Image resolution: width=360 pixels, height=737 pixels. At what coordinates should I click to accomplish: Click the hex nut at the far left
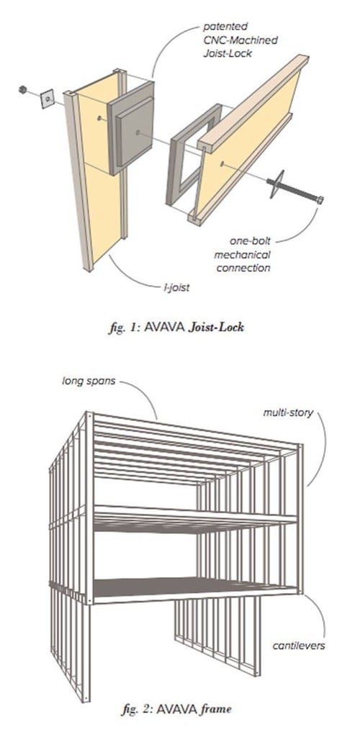point(22,89)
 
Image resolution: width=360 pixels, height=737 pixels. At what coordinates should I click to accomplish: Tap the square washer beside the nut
point(48,99)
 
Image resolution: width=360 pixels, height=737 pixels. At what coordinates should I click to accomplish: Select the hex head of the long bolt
point(319,200)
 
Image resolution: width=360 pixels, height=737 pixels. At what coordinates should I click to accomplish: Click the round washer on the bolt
point(276,184)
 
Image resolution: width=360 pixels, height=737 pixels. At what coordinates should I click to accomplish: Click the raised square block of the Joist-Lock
point(135,132)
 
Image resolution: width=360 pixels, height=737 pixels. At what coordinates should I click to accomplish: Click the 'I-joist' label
point(176,287)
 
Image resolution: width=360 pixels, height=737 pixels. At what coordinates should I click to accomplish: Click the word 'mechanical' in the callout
point(242,255)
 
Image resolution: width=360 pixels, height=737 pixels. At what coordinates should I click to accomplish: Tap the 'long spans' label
point(89,380)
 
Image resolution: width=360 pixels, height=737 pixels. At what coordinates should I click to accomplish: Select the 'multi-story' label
point(288,414)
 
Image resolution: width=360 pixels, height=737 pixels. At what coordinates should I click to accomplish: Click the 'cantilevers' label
point(298,645)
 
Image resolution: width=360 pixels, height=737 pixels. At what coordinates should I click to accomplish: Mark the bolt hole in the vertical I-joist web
point(99,119)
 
